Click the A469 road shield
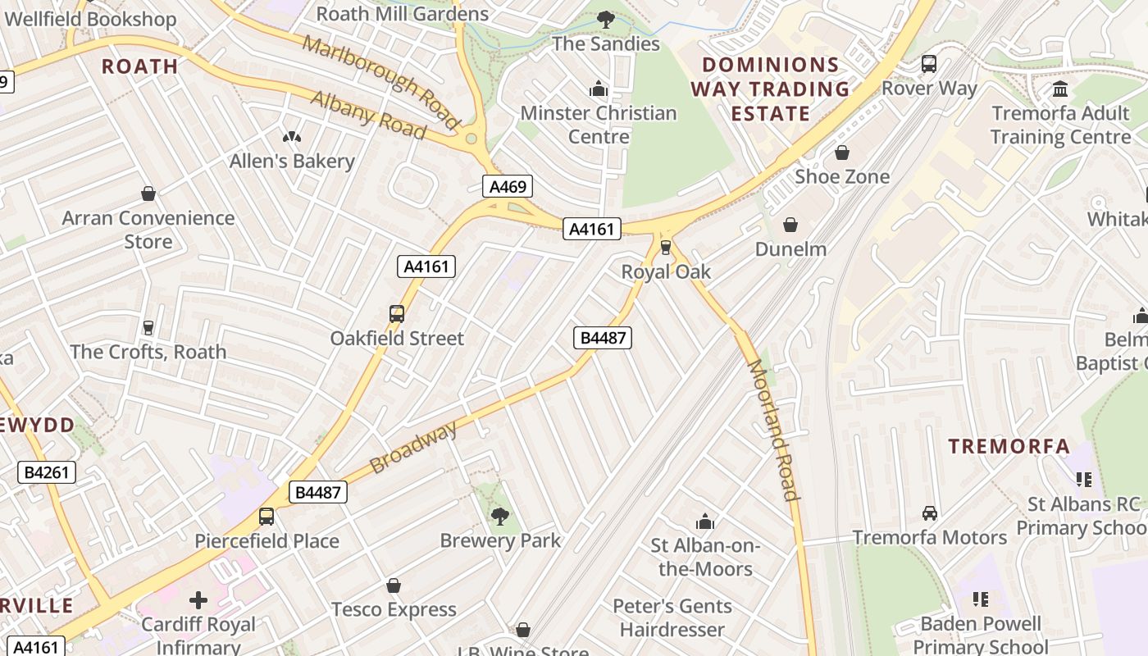[508, 187]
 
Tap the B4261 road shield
[47, 472]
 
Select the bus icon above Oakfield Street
[397, 314]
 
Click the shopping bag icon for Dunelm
[790, 225]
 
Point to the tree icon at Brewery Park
[499, 516]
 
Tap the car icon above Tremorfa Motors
[929, 513]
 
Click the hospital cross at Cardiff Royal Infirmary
[198, 600]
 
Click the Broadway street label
[412, 448]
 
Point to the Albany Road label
[368, 114]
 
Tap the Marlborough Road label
[381, 82]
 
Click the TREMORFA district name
[1009, 447]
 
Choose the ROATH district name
[139, 66]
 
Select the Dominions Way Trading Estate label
[770, 89]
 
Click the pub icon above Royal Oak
[666, 247]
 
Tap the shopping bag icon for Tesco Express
[394, 585]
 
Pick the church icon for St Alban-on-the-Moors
[705, 522]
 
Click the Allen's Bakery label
[292, 162]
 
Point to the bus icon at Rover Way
[929, 64]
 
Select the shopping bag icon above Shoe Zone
[841, 153]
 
